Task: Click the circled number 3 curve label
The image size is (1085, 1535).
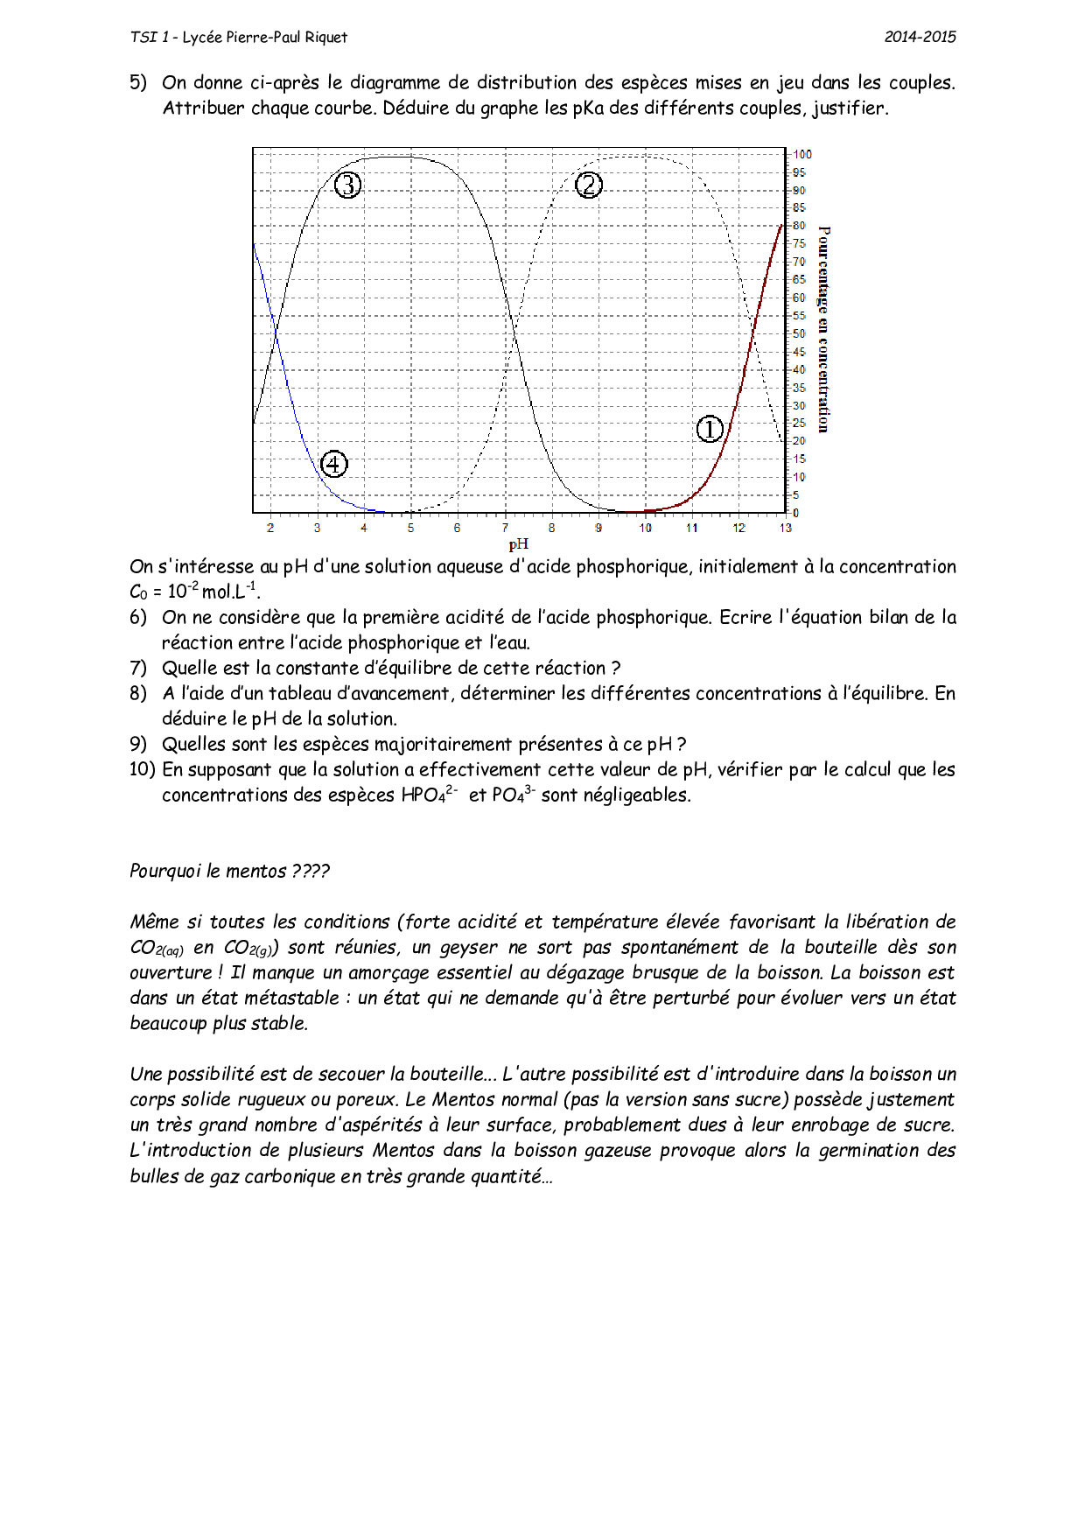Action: (348, 186)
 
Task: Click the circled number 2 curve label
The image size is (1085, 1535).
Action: (589, 186)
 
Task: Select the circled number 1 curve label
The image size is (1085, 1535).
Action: (710, 429)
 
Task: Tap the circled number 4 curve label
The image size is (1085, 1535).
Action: (334, 464)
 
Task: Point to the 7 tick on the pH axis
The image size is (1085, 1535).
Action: (505, 528)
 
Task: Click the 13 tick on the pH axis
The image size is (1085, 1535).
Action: (786, 528)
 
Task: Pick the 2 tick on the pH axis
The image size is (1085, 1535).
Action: (270, 528)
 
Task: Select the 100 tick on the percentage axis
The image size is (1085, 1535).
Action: (802, 154)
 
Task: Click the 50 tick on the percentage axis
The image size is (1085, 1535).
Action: (800, 333)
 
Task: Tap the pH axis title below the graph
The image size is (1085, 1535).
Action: (518, 544)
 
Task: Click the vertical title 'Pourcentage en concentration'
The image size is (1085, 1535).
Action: (823, 329)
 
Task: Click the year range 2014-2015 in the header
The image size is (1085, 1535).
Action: (920, 37)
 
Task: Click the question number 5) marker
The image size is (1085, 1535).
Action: (138, 83)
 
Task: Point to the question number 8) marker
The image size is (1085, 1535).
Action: (138, 694)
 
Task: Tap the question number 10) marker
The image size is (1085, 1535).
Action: (142, 770)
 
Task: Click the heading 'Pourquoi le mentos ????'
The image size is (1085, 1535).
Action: (230, 872)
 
